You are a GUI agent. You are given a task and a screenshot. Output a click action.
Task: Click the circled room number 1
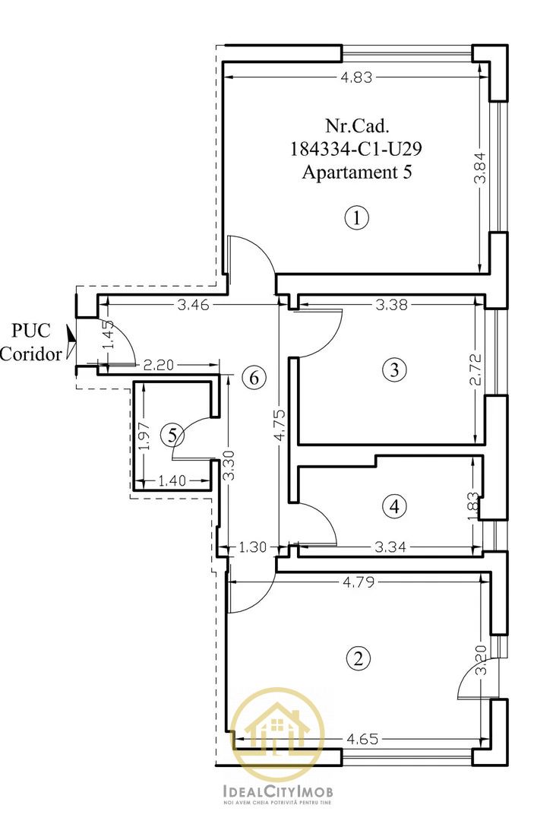pyautogui.click(x=357, y=217)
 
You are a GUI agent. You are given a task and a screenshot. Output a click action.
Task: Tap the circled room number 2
pyautogui.click(x=359, y=658)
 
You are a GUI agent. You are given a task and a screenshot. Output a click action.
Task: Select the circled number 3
pyautogui.click(x=394, y=369)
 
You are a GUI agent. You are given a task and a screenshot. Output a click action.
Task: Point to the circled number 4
pyautogui.click(x=394, y=506)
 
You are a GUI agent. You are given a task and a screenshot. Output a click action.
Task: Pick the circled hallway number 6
pyautogui.click(x=254, y=376)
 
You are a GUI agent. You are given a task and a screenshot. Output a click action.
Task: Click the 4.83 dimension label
pyautogui.click(x=356, y=78)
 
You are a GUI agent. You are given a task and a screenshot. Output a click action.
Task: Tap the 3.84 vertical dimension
pyautogui.click(x=480, y=167)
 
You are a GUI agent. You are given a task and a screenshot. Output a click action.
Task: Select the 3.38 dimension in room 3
pyautogui.click(x=391, y=304)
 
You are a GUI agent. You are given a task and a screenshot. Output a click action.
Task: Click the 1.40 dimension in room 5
pyautogui.click(x=172, y=480)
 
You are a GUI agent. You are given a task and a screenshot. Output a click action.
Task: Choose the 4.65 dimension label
pyautogui.click(x=362, y=740)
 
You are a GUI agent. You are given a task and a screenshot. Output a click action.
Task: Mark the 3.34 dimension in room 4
pyautogui.click(x=390, y=547)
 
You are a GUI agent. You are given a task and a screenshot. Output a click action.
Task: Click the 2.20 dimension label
pyautogui.click(x=158, y=365)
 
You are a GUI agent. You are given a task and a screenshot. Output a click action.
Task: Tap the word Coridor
pyautogui.click(x=30, y=354)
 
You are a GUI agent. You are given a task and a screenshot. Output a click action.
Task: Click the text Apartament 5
pyautogui.click(x=357, y=172)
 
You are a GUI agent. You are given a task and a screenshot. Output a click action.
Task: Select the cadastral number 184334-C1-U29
pyautogui.click(x=355, y=149)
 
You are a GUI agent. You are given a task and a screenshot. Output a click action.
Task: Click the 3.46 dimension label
pyautogui.click(x=194, y=305)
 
